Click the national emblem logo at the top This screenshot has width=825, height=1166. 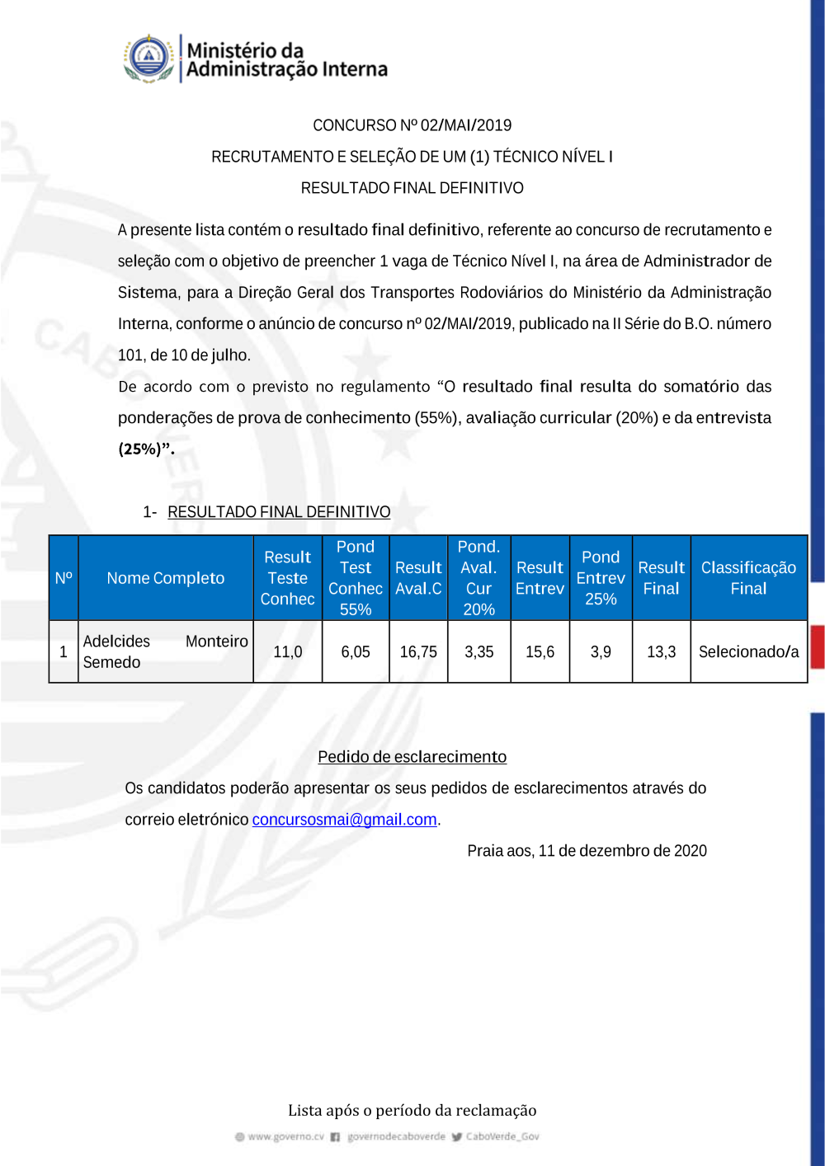148,59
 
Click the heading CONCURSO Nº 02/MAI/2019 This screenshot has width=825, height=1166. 412,125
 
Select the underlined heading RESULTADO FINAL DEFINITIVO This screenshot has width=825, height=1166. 279,512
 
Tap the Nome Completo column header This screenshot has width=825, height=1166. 165,578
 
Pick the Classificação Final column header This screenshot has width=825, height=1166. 748,578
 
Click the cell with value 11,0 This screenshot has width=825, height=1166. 287,651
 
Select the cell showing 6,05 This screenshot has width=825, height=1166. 356,651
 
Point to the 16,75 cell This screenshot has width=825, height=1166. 418,651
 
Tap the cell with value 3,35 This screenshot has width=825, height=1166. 478,651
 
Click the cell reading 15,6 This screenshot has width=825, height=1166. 540,651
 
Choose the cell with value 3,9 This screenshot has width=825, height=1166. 601,651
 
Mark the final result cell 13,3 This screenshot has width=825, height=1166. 661,651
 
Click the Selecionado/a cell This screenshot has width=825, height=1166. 748,651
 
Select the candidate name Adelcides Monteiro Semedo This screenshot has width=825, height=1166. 165,651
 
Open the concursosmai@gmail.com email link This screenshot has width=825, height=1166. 344,820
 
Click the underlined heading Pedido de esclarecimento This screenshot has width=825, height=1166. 412,757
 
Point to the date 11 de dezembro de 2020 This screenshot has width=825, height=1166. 623,851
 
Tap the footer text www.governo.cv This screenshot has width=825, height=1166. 285,1136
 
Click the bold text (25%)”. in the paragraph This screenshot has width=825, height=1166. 146,449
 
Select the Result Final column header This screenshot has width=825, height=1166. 661,578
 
